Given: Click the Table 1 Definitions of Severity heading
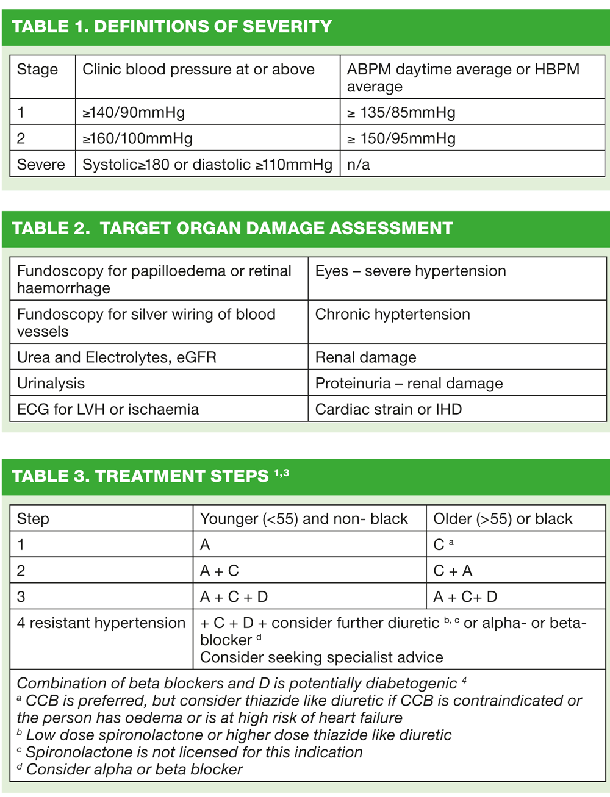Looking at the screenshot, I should tap(171, 27).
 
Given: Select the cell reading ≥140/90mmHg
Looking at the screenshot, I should tap(134, 112).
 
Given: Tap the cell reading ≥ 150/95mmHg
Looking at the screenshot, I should tap(401, 138).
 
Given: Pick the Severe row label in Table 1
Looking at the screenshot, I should tap(41, 165).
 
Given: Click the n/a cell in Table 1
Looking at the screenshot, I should tap(358, 165).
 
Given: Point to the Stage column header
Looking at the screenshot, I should tap(37, 70).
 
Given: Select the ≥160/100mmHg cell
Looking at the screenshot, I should tap(137, 138).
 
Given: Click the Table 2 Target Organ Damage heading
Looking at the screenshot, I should tap(232, 228).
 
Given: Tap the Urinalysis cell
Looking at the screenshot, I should tap(51, 383).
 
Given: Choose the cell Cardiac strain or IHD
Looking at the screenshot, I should tap(388, 409).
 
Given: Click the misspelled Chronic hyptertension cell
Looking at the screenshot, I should tap(392, 314).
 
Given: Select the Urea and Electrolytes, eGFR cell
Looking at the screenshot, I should tap(117, 357).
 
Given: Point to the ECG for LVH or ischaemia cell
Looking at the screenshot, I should tap(107, 409).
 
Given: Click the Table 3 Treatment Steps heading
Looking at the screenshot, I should tap(150, 476).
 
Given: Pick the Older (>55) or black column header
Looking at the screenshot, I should tap(503, 519).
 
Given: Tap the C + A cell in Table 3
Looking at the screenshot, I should tap(453, 571).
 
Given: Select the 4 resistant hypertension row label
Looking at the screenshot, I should tap(101, 623).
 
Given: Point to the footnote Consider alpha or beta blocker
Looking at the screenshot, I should tap(134, 770).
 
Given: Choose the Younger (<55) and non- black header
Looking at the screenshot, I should tap(304, 519).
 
